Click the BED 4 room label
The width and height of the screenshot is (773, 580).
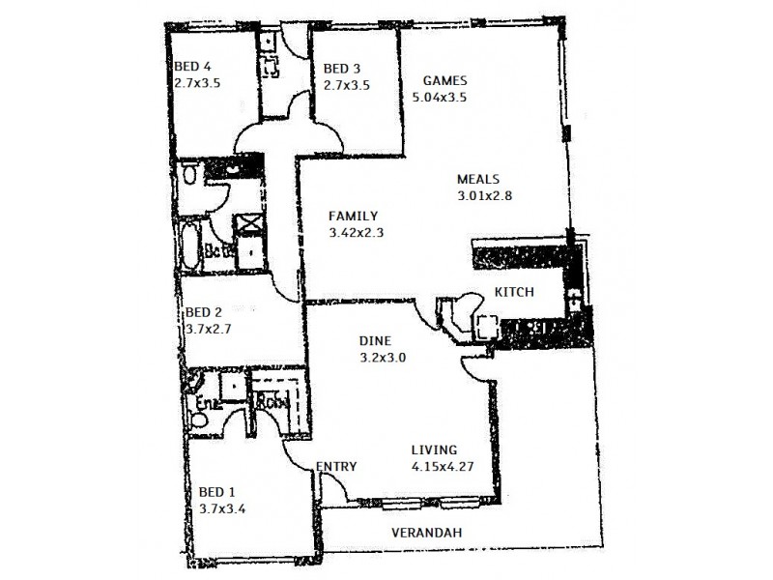point(192,66)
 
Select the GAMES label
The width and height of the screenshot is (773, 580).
point(446,80)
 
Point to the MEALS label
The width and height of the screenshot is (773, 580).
point(477,179)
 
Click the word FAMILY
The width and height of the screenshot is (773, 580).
point(353,216)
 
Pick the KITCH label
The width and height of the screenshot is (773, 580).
point(514,291)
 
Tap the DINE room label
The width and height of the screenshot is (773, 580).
point(374,340)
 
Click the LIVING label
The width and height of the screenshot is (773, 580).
point(434,449)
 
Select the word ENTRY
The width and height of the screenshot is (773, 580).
point(336,467)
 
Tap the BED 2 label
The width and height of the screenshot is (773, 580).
point(204,312)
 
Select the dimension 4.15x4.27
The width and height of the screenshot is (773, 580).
point(444,467)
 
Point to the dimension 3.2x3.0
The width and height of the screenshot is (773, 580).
point(383,357)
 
